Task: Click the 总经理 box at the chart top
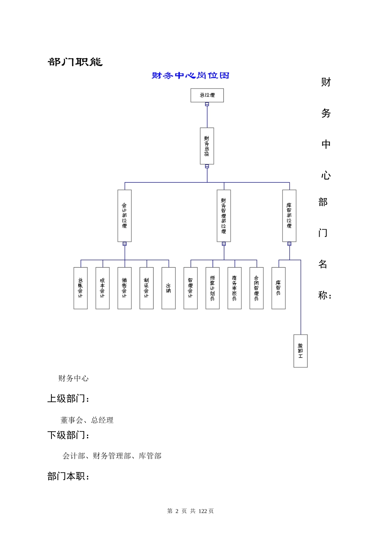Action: pos(207,95)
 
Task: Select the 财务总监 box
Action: pos(207,146)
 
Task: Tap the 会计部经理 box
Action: pos(124,216)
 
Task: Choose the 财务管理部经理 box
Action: pos(224,216)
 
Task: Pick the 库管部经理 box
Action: pos(289,216)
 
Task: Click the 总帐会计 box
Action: pos(81,288)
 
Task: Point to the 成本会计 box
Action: pos(103,288)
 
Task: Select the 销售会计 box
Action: pos(124,288)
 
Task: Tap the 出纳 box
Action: pos(168,288)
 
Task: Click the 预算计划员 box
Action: pos(213,288)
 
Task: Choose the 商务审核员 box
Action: pos(235,288)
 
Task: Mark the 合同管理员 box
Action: pos(257,288)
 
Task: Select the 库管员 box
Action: pos(278,288)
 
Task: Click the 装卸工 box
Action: pos(300,351)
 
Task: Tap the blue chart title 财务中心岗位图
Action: pos(190,75)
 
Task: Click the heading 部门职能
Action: pos(75,62)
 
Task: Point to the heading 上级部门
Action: pos(68,398)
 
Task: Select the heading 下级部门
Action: pos(68,435)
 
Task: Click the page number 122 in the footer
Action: pos(203,511)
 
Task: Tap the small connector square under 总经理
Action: pos(207,104)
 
